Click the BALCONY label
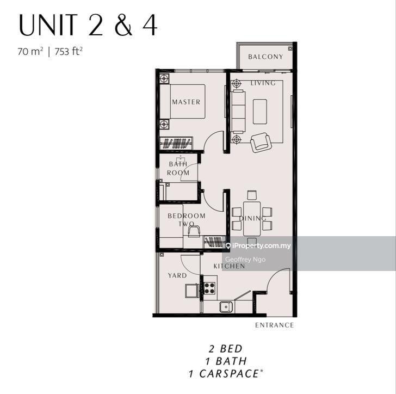coord(265,57)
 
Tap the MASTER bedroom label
coord(186,102)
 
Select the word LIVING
coord(263,83)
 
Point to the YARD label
coord(177,275)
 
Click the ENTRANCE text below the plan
coord(275,325)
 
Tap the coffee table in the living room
coord(260,112)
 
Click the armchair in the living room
coord(261,143)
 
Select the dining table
coord(252,219)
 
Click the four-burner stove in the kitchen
coord(209,288)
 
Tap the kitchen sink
coord(226,307)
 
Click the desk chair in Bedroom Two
coord(194,231)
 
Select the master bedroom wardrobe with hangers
coord(176,144)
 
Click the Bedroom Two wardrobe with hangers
coord(215,242)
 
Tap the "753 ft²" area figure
coord(69,51)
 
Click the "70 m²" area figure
coord(30,51)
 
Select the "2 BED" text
coord(226,349)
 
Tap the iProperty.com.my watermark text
coord(262,245)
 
